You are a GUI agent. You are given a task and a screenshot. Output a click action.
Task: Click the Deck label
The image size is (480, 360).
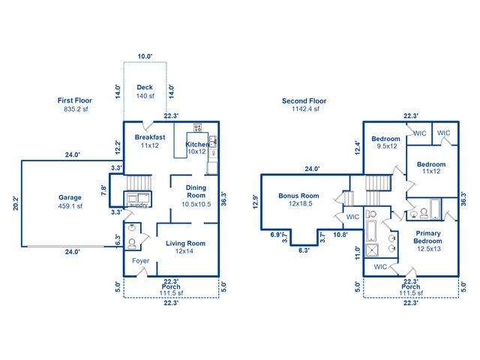pos(145,88)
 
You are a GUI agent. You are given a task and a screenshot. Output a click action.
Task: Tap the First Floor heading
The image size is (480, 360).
pos(75,100)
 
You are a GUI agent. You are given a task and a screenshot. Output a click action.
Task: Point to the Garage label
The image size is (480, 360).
pos(70,198)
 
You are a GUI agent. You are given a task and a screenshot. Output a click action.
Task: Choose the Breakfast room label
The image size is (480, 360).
pos(150,137)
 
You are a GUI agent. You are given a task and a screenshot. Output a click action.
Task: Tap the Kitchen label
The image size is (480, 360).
pos(197,144)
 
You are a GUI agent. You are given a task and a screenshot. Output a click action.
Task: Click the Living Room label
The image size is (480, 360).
pos(185,243)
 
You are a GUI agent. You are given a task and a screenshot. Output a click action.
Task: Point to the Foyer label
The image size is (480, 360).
pos(141,261)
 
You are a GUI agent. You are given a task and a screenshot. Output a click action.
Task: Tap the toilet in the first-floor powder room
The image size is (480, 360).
pos(132,243)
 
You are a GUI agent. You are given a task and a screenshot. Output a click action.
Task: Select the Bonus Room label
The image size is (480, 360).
pos(298,196)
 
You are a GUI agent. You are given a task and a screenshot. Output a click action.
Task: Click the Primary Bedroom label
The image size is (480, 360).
pos(429,236)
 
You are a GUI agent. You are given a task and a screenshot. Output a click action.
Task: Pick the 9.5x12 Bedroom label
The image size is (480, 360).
pos(386,139)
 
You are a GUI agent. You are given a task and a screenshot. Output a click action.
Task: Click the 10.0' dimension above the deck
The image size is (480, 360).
pos(145,56)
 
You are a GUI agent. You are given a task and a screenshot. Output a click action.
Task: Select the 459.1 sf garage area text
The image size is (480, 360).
pos(70,205)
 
